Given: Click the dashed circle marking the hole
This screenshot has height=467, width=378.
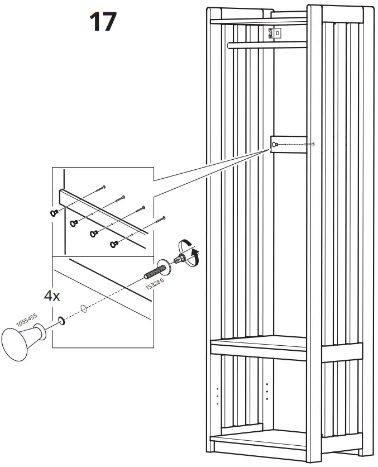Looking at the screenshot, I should [83, 308].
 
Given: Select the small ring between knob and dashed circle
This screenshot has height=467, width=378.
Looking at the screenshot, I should [60, 321].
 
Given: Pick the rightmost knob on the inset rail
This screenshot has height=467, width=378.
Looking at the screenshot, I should [114, 243].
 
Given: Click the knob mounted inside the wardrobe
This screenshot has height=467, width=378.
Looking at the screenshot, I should [275, 145].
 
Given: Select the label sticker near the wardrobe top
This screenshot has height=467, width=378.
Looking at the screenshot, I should [272, 34].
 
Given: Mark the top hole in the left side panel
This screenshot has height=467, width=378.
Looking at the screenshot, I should [217, 387].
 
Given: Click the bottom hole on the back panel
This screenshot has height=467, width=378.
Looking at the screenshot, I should [267, 399].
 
